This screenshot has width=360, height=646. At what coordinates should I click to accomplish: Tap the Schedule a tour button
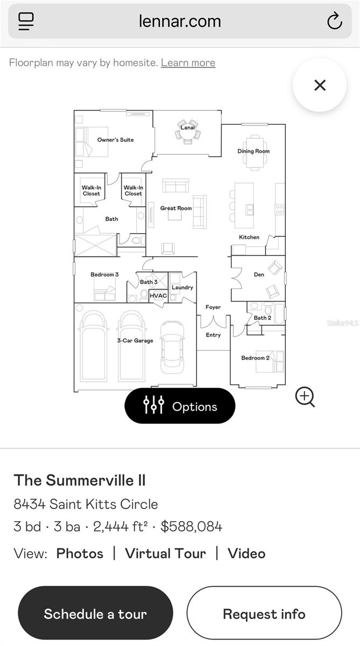tap(95, 614)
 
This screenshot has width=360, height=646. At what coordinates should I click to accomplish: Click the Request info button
tap(264, 614)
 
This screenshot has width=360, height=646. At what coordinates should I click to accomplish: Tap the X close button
tap(320, 85)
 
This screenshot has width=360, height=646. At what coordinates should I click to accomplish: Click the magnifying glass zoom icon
tap(305, 397)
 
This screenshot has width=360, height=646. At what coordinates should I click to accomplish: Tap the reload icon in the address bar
tap(334, 22)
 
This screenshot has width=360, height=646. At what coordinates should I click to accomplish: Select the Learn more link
tap(188, 62)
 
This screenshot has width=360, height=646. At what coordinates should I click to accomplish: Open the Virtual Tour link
tap(165, 553)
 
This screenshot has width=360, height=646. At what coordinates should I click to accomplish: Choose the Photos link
tap(80, 553)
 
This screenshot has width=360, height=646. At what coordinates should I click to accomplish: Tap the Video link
tap(246, 553)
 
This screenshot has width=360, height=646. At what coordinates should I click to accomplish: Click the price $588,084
tap(191, 526)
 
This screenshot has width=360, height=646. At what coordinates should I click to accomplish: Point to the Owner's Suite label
tap(115, 140)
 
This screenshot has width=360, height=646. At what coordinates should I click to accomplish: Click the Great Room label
tap(175, 208)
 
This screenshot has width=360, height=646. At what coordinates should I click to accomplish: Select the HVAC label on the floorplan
tap(158, 296)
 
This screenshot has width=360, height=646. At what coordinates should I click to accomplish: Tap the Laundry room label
tap(182, 287)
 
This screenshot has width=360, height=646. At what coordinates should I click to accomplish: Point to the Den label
tap(259, 275)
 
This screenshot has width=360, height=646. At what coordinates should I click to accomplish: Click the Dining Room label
tap(253, 151)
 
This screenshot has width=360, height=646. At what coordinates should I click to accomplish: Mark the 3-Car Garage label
tap(135, 341)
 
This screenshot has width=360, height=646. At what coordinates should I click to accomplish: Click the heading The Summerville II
tap(80, 480)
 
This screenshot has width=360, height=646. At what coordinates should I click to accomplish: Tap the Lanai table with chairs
tap(187, 132)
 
